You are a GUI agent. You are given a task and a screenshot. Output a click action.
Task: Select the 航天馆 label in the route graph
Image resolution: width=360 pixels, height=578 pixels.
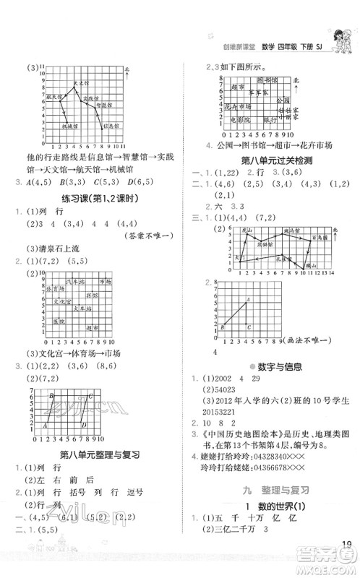(x=54, y=95)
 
